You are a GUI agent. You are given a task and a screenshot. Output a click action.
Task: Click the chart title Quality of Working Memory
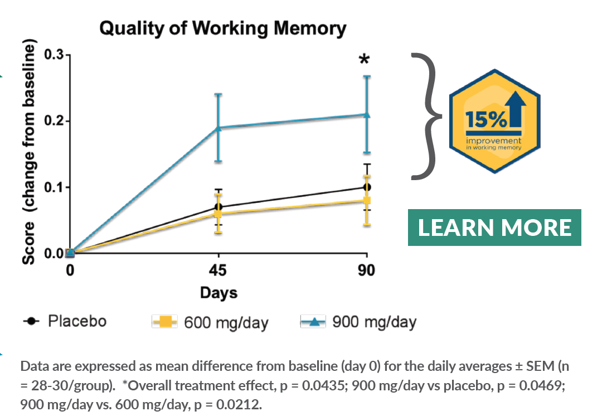(223, 28)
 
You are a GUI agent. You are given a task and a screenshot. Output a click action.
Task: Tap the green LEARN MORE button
(495, 228)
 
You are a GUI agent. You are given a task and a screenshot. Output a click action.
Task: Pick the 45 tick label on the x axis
(218, 271)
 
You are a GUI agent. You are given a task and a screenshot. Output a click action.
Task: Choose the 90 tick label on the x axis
(366, 271)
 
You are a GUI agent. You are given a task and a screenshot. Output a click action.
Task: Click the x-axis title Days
(218, 293)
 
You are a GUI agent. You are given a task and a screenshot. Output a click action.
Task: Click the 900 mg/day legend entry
(358, 322)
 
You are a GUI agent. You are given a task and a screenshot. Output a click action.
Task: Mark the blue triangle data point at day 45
(218, 128)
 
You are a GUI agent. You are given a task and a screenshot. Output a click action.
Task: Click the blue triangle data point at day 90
(366, 114)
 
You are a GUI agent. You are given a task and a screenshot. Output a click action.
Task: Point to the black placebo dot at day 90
(366, 187)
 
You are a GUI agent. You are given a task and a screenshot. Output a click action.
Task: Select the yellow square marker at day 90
(366, 201)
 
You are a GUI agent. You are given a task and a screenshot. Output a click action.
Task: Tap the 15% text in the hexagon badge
(480, 119)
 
